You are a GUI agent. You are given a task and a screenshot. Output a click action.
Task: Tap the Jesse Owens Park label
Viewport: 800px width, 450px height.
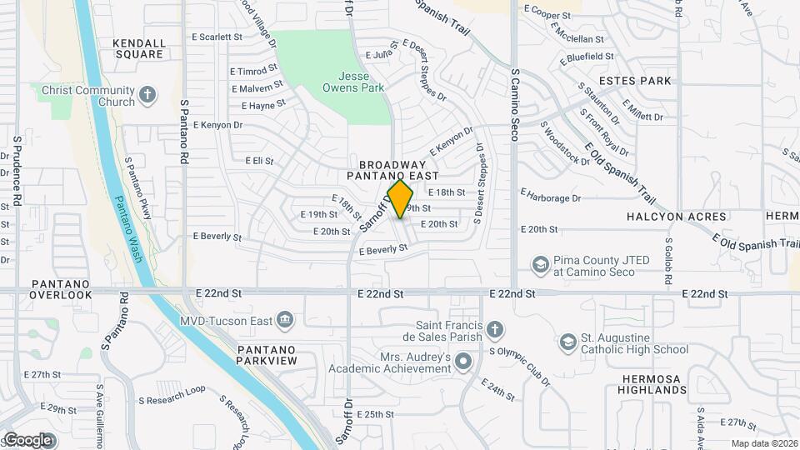[353, 80]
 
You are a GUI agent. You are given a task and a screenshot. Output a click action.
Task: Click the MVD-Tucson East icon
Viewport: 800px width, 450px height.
[284, 318]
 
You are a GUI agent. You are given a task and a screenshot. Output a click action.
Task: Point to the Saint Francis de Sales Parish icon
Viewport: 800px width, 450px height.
[495, 327]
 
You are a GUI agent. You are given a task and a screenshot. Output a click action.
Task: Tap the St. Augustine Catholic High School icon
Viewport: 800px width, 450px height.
[567, 341]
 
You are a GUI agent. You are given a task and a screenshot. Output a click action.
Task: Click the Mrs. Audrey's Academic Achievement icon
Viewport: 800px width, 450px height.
[464, 361]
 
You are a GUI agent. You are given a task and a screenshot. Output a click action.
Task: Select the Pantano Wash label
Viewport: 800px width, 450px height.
[127, 229]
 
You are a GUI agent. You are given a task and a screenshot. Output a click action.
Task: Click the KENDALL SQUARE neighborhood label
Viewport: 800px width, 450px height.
[140, 48]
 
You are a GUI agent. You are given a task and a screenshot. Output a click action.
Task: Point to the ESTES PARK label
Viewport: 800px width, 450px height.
[634, 81]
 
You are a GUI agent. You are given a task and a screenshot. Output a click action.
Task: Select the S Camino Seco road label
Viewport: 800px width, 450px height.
[515, 105]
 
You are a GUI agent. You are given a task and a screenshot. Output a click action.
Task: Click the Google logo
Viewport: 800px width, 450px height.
[27, 439]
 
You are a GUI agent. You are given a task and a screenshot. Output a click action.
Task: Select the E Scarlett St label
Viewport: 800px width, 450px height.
[217, 37]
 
